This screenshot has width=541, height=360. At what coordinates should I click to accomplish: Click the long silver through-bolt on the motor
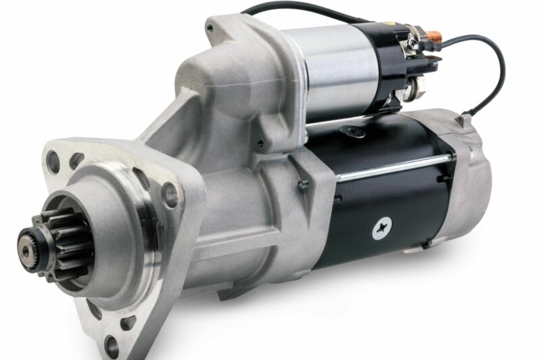pos(392,169)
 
